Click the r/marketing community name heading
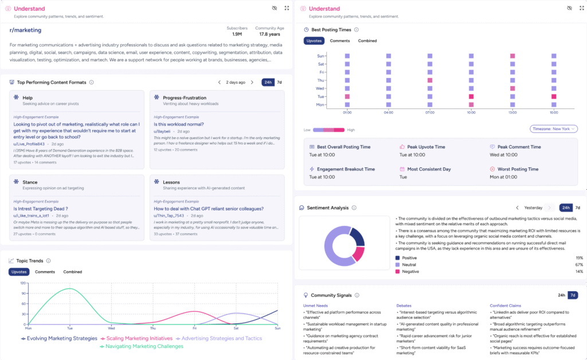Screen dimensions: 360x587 click(25, 30)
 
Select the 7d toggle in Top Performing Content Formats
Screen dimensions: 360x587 click(279, 82)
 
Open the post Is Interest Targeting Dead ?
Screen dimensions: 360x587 click(41, 209)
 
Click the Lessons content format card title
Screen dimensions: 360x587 click(171, 182)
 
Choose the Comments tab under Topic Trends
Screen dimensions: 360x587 click(45, 272)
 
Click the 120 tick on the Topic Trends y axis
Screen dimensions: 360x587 click(23, 283)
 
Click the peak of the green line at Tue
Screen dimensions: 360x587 click(70, 289)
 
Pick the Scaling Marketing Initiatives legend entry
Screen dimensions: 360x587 click(137, 338)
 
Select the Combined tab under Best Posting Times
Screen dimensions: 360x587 click(367, 41)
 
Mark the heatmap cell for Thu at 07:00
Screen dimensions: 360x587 click(429, 81)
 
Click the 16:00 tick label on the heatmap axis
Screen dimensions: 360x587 click(554, 113)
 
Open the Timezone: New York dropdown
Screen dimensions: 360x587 click(553, 129)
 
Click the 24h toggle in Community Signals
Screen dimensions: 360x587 click(562, 295)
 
